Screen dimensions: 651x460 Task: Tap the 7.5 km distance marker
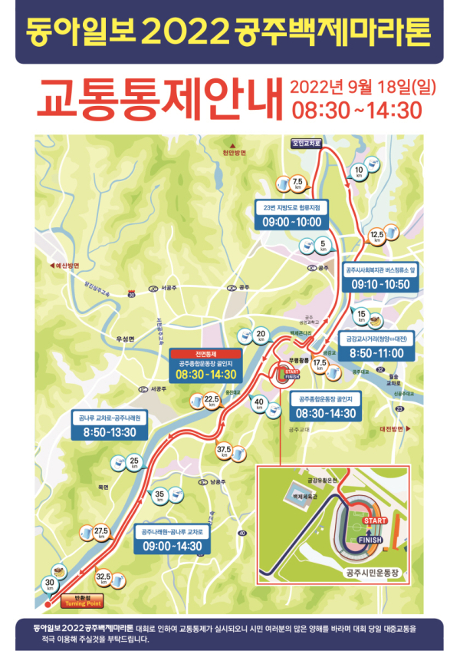298,183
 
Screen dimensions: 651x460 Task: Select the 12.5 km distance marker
376,236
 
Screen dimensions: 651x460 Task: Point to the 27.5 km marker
101,533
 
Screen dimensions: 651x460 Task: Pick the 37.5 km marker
224,451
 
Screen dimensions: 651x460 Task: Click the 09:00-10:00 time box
292,222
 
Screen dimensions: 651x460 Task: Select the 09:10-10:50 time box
380,284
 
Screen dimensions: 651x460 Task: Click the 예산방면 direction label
64,266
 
